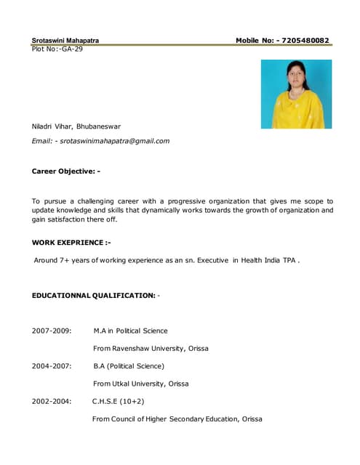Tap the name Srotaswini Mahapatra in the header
pyautogui.click(x=65, y=40)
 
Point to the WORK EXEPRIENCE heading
pyautogui.click(x=71, y=241)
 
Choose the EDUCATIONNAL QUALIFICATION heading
pyautogui.click(x=94, y=296)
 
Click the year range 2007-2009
pyautogui.click(x=52, y=331)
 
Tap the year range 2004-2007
pyautogui.click(x=52, y=365)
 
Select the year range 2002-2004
pyautogui.click(x=52, y=400)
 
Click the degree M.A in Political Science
pyautogui.click(x=130, y=331)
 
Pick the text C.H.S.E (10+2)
pyautogui.click(x=118, y=400)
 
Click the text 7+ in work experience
pyautogui.click(x=69, y=259)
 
